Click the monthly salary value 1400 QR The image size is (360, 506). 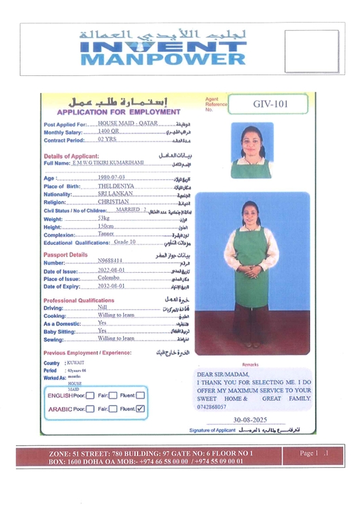109,131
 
